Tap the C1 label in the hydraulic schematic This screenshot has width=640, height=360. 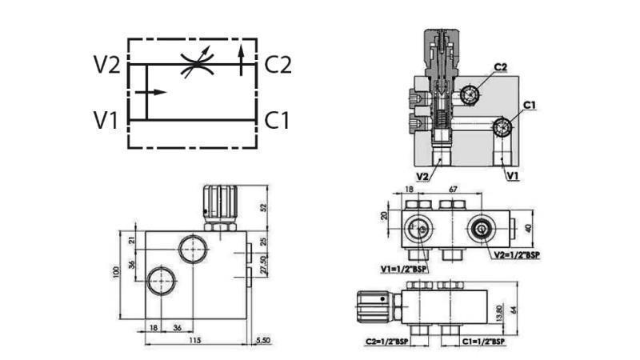point(277,121)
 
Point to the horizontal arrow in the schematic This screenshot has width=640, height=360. point(151,92)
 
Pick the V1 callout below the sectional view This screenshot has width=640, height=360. point(512,174)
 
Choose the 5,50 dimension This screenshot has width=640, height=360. point(262,341)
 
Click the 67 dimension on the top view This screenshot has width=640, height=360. point(453,190)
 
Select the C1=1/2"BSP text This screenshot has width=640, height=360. point(483,342)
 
